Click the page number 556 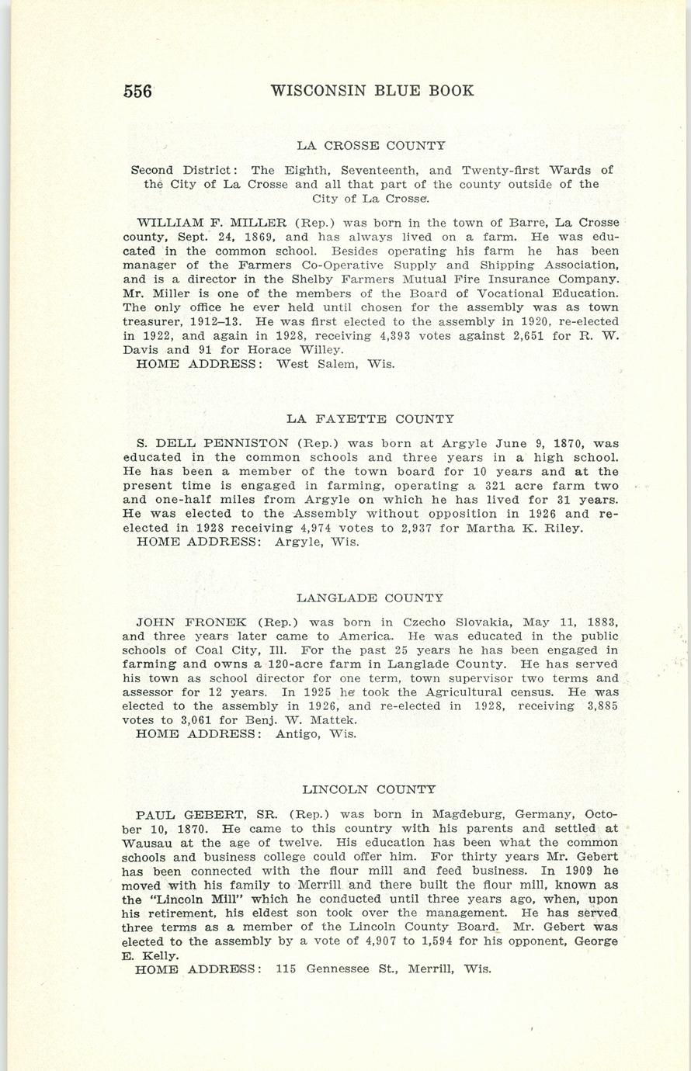tap(138, 91)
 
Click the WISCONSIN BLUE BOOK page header tap(372, 91)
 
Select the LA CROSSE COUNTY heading tap(371, 145)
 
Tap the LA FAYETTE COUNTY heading tap(370, 419)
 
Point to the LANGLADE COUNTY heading tap(370, 598)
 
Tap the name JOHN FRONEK tap(191, 622)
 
